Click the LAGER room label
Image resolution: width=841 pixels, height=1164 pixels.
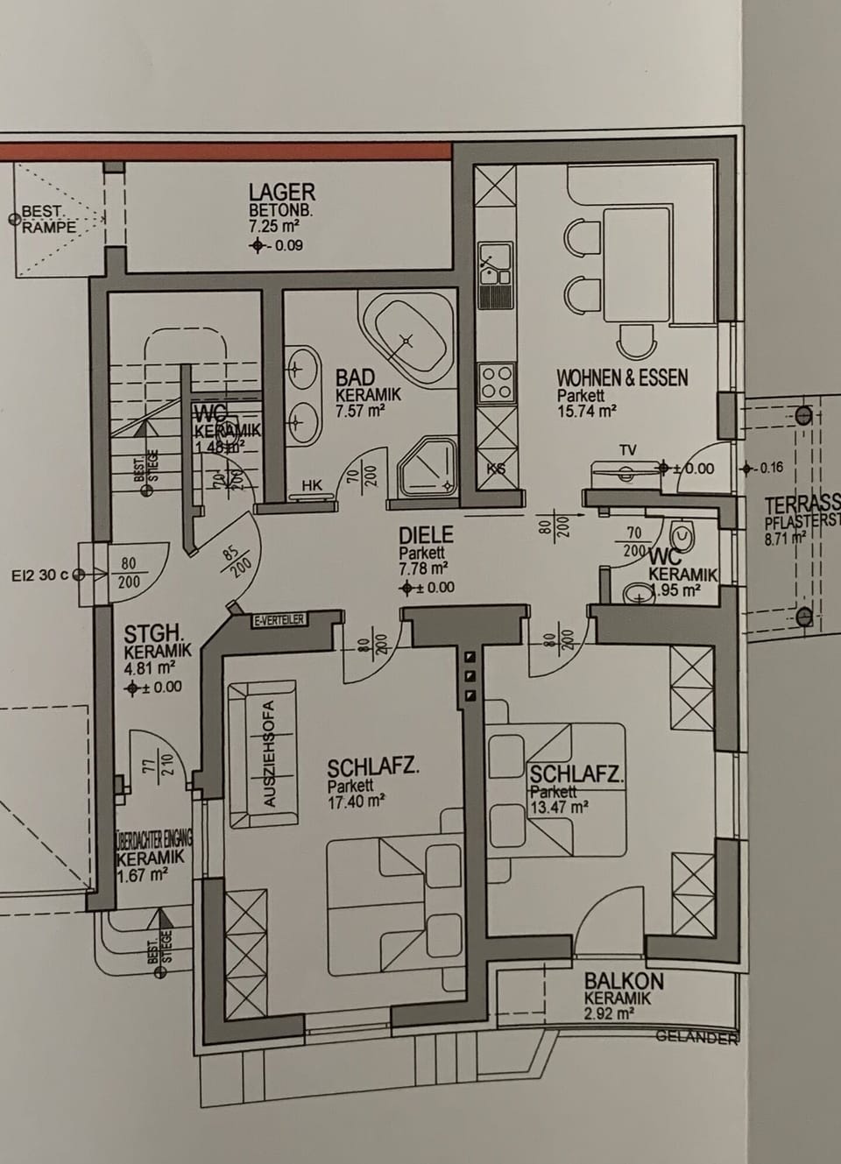tap(281, 192)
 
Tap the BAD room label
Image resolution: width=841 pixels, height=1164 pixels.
tap(355, 377)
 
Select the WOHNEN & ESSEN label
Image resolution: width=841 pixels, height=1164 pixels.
tap(622, 378)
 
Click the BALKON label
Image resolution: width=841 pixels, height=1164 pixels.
tap(624, 982)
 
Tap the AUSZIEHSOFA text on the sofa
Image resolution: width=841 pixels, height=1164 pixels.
tap(270, 753)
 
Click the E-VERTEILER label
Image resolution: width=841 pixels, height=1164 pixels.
tap(279, 620)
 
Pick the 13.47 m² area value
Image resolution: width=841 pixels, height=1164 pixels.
tap(558, 808)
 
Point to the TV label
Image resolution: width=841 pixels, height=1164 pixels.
tap(627, 450)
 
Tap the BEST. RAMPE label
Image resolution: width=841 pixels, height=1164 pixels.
tap(48, 219)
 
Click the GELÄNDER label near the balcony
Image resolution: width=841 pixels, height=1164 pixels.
tap(697, 1037)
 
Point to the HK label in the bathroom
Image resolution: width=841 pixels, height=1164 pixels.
tap(311, 485)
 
